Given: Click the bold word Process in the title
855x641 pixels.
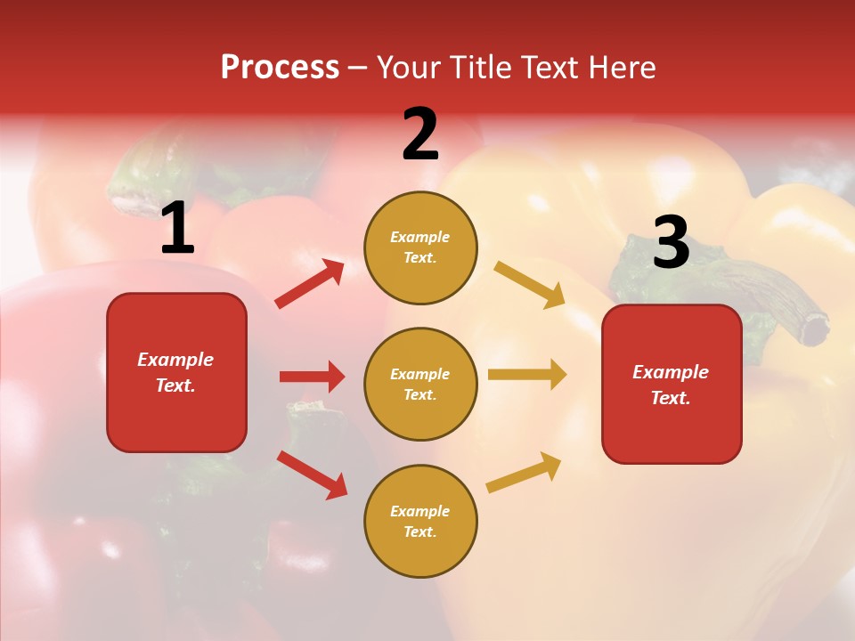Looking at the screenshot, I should coord(280,68).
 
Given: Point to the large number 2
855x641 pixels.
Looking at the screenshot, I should coord(420,134).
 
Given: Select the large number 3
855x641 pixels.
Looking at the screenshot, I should coord(672,243).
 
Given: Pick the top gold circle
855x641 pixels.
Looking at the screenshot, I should coord(420,247).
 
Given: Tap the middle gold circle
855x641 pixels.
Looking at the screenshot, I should coord(420,384).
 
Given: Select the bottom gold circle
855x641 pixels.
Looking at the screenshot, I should coord(420,521).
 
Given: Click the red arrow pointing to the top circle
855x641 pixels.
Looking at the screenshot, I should coord(310,284).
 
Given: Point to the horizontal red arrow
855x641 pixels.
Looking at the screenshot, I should coord(312,377).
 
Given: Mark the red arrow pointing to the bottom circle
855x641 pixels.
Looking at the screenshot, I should coord(312,475).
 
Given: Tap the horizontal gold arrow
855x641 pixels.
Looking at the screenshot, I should coord(526,375).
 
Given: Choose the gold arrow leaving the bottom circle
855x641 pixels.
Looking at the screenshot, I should coord(524,473).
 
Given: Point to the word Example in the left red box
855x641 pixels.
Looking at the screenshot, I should coord(175,360).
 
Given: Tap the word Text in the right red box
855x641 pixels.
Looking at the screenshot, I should coord(671,398).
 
